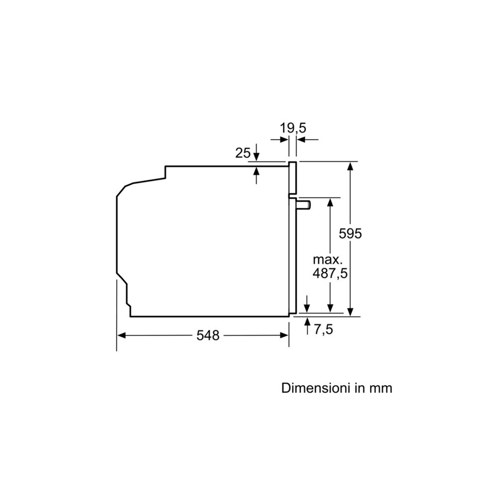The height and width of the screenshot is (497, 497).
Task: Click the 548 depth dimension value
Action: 208,335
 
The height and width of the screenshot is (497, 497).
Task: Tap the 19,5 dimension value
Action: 293,128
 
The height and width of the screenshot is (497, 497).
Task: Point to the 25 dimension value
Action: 243,153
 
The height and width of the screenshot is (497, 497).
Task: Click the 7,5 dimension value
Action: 323,329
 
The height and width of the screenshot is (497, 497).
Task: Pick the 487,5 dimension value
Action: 330,273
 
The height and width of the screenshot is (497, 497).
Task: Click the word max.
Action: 328,259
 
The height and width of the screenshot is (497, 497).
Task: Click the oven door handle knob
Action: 304,204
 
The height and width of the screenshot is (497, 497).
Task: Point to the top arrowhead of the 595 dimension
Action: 351,166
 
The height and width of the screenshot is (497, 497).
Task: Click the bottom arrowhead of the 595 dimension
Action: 351,312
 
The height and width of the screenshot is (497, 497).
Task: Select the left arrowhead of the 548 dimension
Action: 121,335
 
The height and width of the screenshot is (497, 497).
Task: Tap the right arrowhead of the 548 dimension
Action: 285,335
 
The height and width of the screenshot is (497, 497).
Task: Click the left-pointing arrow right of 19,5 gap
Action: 301,140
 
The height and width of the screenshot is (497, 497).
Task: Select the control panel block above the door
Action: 293,178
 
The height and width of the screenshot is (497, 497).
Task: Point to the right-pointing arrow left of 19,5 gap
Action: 284,140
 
